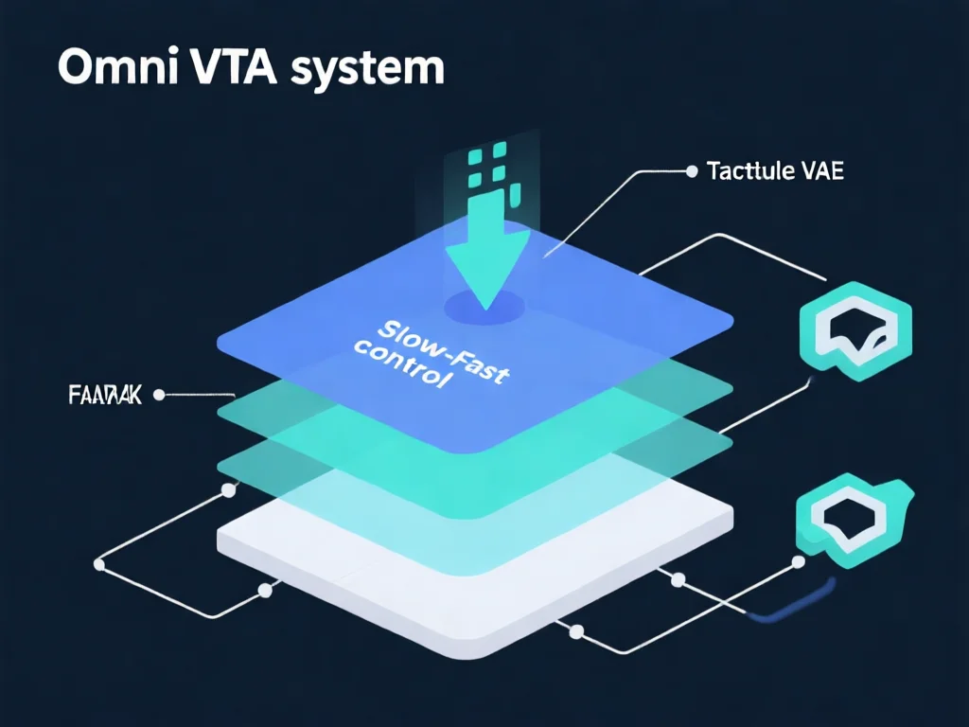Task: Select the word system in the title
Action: pyautogui.click(x=378, y=72)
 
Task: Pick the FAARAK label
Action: pyautogui.click(x=104, y=395)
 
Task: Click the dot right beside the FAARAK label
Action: pyautogui.click(x=158, y=395)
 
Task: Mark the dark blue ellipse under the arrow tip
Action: pyautogui.click(x=485, y=306)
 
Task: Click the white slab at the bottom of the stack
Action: pyautogui.click(x=473, y=577)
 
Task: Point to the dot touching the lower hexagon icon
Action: pyautogui.click(x=799, y=563)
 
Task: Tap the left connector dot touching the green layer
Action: pyautogui.click(x=227, y=490)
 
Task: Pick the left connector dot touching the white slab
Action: pyautogui.click(x=265, y=590)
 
